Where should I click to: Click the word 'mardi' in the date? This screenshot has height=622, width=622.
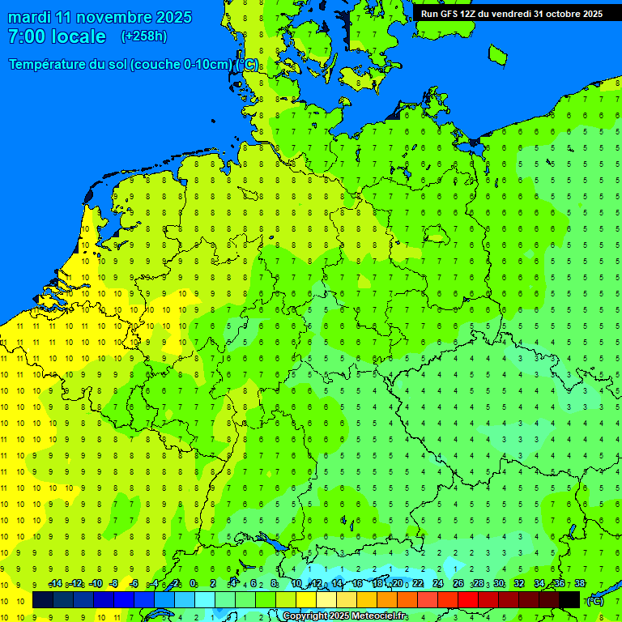29,17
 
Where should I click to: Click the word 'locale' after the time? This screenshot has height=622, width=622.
79,36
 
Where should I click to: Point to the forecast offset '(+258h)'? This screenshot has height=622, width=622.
143,36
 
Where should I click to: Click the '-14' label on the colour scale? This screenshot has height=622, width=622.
55,584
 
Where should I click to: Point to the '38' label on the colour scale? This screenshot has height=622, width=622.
579,584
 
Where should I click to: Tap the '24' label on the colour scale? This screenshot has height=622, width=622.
438,584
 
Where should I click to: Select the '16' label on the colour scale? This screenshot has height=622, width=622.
358,584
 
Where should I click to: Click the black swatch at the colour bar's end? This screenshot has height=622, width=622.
569,599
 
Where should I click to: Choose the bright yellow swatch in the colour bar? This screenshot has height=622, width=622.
306,599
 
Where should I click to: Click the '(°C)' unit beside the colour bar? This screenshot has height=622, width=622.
595,600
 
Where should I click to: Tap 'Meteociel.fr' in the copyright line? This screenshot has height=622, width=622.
379,616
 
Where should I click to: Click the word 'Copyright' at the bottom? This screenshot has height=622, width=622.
305,616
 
